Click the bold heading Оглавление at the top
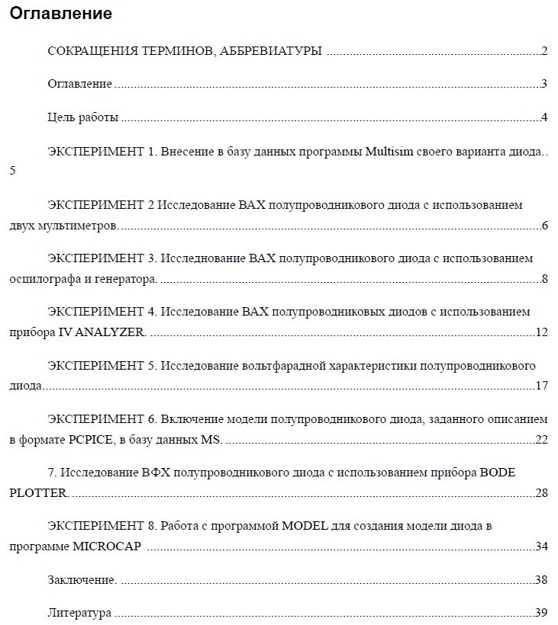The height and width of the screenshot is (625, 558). (x=61, y=14)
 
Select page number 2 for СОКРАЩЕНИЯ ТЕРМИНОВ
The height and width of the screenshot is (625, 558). (x=544, y=52)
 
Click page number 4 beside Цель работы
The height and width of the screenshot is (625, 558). (x=544, y=117)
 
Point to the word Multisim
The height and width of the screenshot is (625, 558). (x=389, y=151)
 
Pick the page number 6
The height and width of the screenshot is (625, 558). (x=545, y=226)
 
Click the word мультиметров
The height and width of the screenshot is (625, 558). (x=82, y=226)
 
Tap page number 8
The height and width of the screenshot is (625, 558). (x=545, y=278)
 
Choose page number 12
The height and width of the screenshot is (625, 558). (x=542, y=332)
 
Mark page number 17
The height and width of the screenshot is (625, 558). (x=542, y=386)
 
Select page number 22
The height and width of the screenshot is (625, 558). (x=542, y=440)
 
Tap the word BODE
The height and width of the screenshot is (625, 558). (x=497, y=473)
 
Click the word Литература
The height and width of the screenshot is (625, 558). (x=79, y=613)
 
